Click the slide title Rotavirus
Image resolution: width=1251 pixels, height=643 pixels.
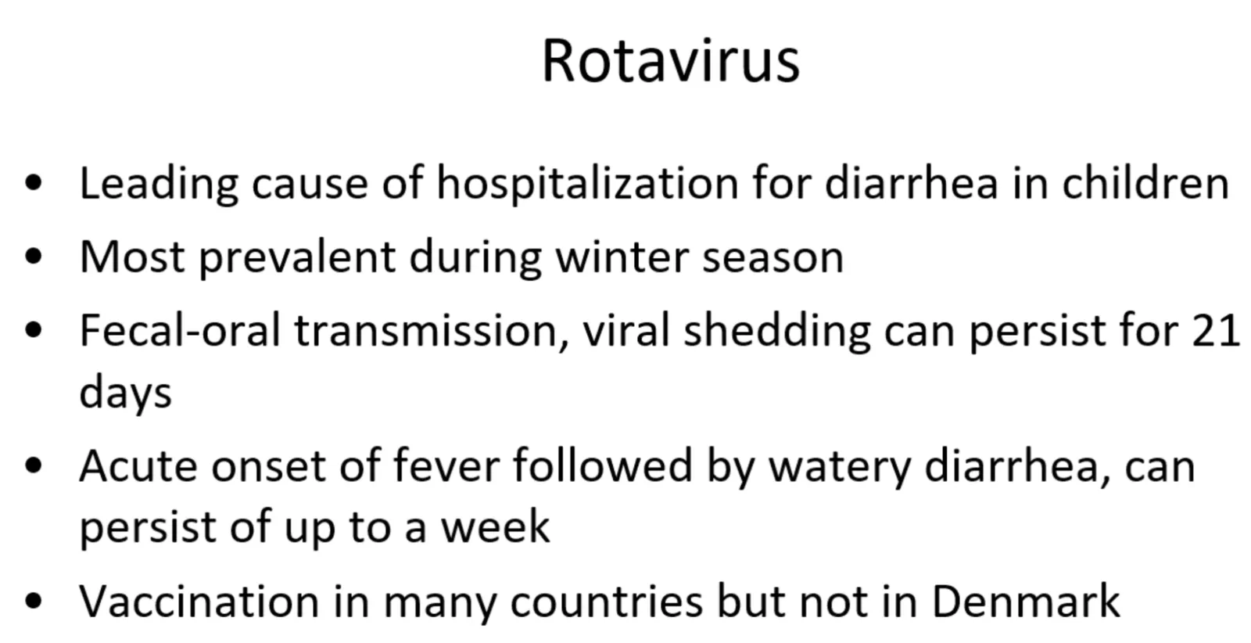(671, 61)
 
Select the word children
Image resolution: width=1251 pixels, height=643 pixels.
(1145, 182)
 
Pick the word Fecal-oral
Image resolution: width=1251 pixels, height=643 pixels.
(180, 330)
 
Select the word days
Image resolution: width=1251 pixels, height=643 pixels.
(126, 393)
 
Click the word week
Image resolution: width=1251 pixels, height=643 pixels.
(496, 526)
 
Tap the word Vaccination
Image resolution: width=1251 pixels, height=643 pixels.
(199, 602)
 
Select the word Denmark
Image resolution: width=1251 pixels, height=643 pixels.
(1026, 601)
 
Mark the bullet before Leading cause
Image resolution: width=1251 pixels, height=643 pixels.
(34, 184)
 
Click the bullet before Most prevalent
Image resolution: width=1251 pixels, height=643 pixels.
(34, 257)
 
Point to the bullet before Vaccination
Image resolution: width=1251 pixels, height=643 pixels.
(34, 601)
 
